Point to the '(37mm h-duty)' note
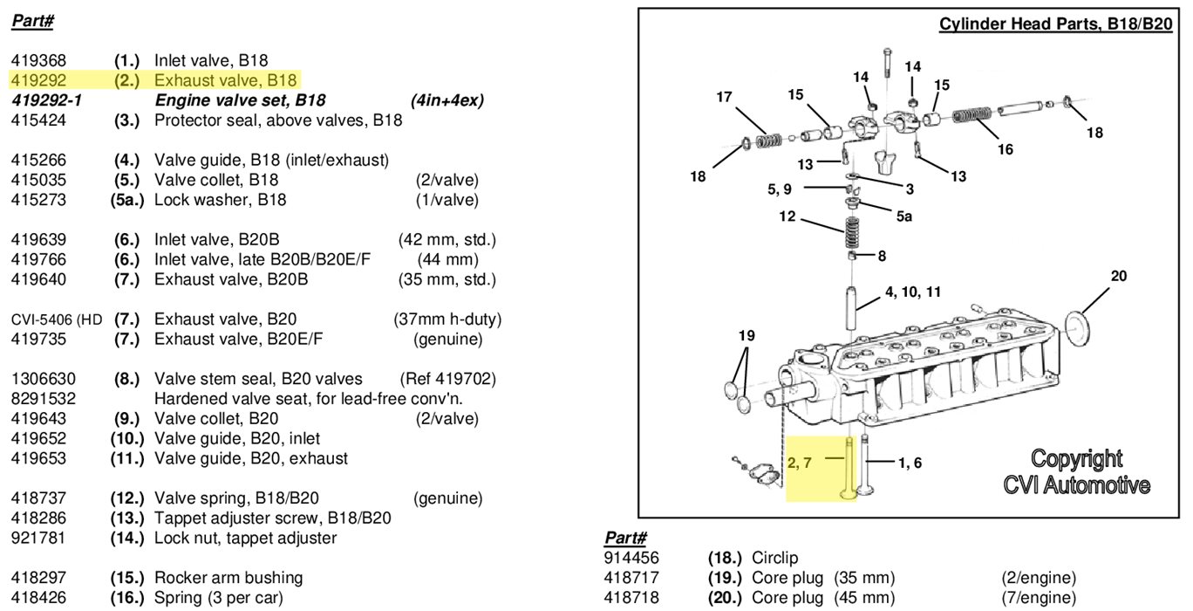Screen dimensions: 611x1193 pyautogui.click(x=447, y=319)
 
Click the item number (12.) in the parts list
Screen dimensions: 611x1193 pyautogui.click(x=126, y=499)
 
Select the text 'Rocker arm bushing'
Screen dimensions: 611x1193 pyautogui.click(x=228, y=578)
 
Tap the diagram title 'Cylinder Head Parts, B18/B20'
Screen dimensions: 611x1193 pyautogui.click(x=1055, y=24)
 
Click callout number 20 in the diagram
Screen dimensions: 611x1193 pyautogui.click(x=1119, y=277)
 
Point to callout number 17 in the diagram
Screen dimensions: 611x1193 pyautogui.click(x=724, y=98)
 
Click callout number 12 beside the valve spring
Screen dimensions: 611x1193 pyautogui.click(x=787, y=216)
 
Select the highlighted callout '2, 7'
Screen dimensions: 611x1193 pyautogui.click(x=799, y=463)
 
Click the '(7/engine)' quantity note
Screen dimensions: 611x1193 pyautogui.click(x=1039, y=598)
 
